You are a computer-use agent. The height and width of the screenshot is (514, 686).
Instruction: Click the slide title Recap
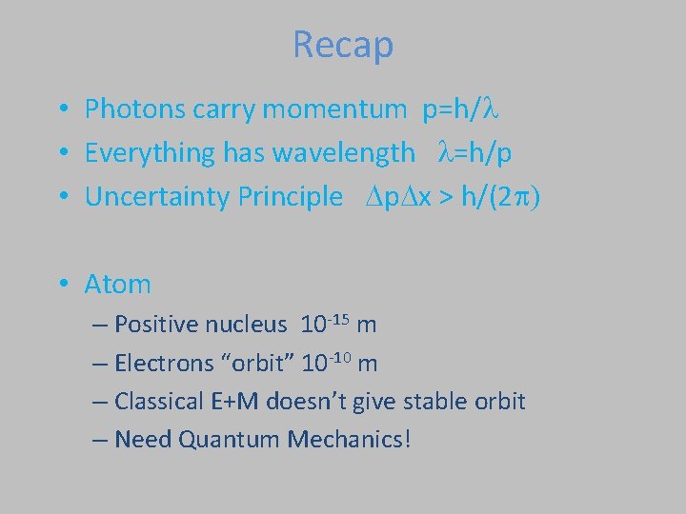coord(343,45)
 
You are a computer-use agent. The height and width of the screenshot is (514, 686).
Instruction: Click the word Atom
coord(117,284)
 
